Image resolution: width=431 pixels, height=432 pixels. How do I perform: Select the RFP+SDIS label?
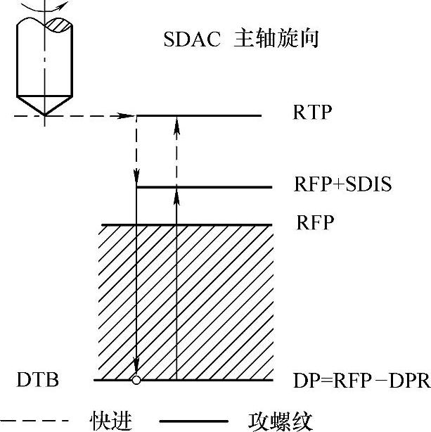coord(341,186)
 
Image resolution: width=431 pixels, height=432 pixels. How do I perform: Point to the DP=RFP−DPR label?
coord(361,381)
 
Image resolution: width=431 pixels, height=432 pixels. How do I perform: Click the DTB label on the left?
coord(37,381)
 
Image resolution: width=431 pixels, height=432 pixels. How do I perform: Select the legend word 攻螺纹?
coord(281,419)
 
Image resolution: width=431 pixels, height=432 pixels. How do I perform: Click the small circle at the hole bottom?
coord(136,381)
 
